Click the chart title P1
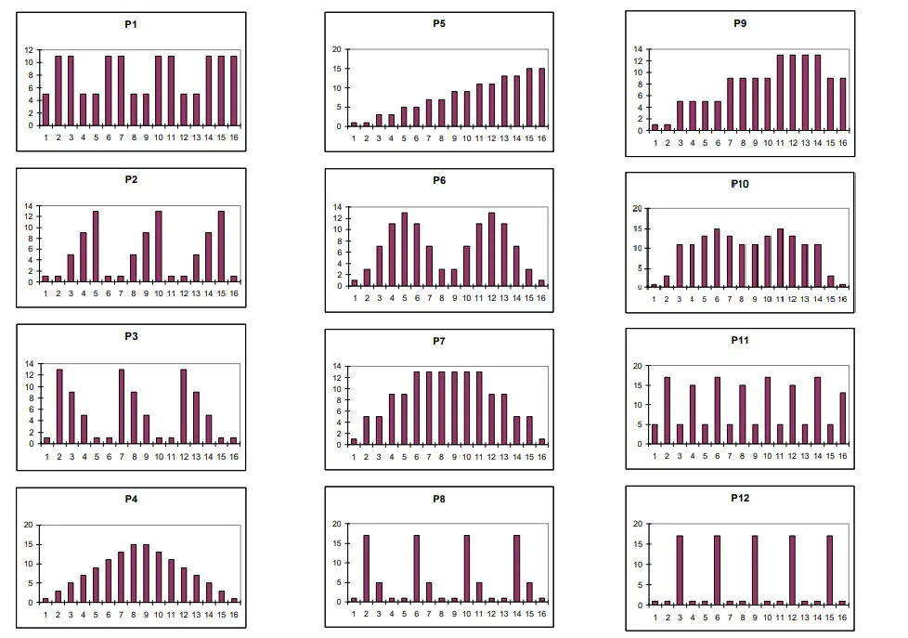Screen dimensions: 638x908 [132, 24]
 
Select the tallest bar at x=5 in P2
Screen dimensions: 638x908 [96, 246]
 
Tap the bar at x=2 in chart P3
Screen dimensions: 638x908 [58, 407]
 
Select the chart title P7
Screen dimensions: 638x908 [439, 342]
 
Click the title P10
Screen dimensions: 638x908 [740, 184]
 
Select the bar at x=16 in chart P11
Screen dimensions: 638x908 [842, 418]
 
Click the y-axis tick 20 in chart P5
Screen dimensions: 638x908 [336, 49]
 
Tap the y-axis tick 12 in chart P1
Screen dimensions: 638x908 [30, 50]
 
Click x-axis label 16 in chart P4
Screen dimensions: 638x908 [234, 613]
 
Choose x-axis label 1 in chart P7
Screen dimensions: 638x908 [354, 455]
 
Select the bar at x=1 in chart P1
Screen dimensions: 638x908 [45, 110]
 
